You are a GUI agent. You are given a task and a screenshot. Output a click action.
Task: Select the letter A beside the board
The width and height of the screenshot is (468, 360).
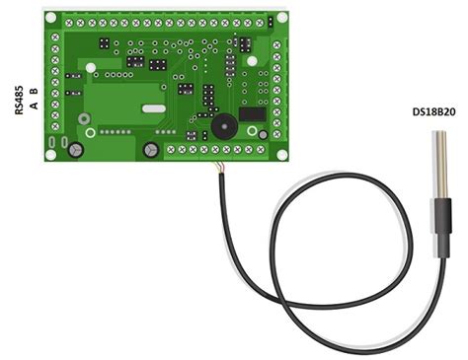[x=35, y=102]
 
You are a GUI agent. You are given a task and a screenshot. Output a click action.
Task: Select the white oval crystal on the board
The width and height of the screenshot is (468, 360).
[x=151, y=108]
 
